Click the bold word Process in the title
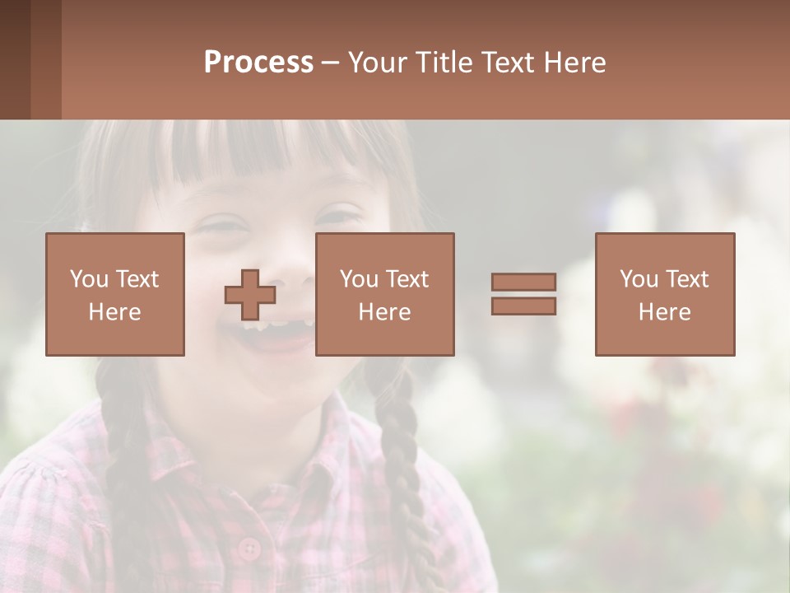(258, 63)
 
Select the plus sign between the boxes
(250, 295)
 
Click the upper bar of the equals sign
(523, 282)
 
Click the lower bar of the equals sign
(523, 306)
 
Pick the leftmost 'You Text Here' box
(115, 294)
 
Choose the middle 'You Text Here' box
(385, 294)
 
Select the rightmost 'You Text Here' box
(665, 294)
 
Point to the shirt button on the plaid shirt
(248, 548)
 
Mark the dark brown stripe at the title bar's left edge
(15, 59)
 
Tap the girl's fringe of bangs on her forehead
(247, 152)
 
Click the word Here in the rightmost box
(665, 312)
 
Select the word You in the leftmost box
(88, 279)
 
